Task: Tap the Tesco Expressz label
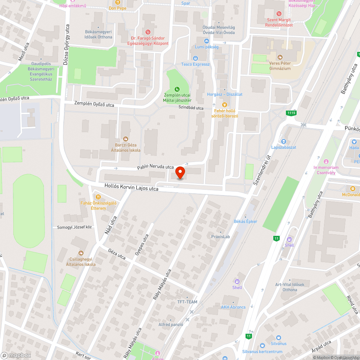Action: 195,64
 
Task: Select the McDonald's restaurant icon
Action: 353,188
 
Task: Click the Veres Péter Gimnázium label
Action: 280,66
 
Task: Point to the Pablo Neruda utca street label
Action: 156,167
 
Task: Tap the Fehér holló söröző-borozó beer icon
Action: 225,105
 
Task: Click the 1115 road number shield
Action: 291,113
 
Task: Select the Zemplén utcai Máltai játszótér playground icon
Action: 177,89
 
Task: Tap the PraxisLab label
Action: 220,237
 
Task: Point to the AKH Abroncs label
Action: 233,307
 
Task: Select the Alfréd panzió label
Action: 171,324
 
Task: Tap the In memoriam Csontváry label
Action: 326,170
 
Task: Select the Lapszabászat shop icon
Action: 284,141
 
